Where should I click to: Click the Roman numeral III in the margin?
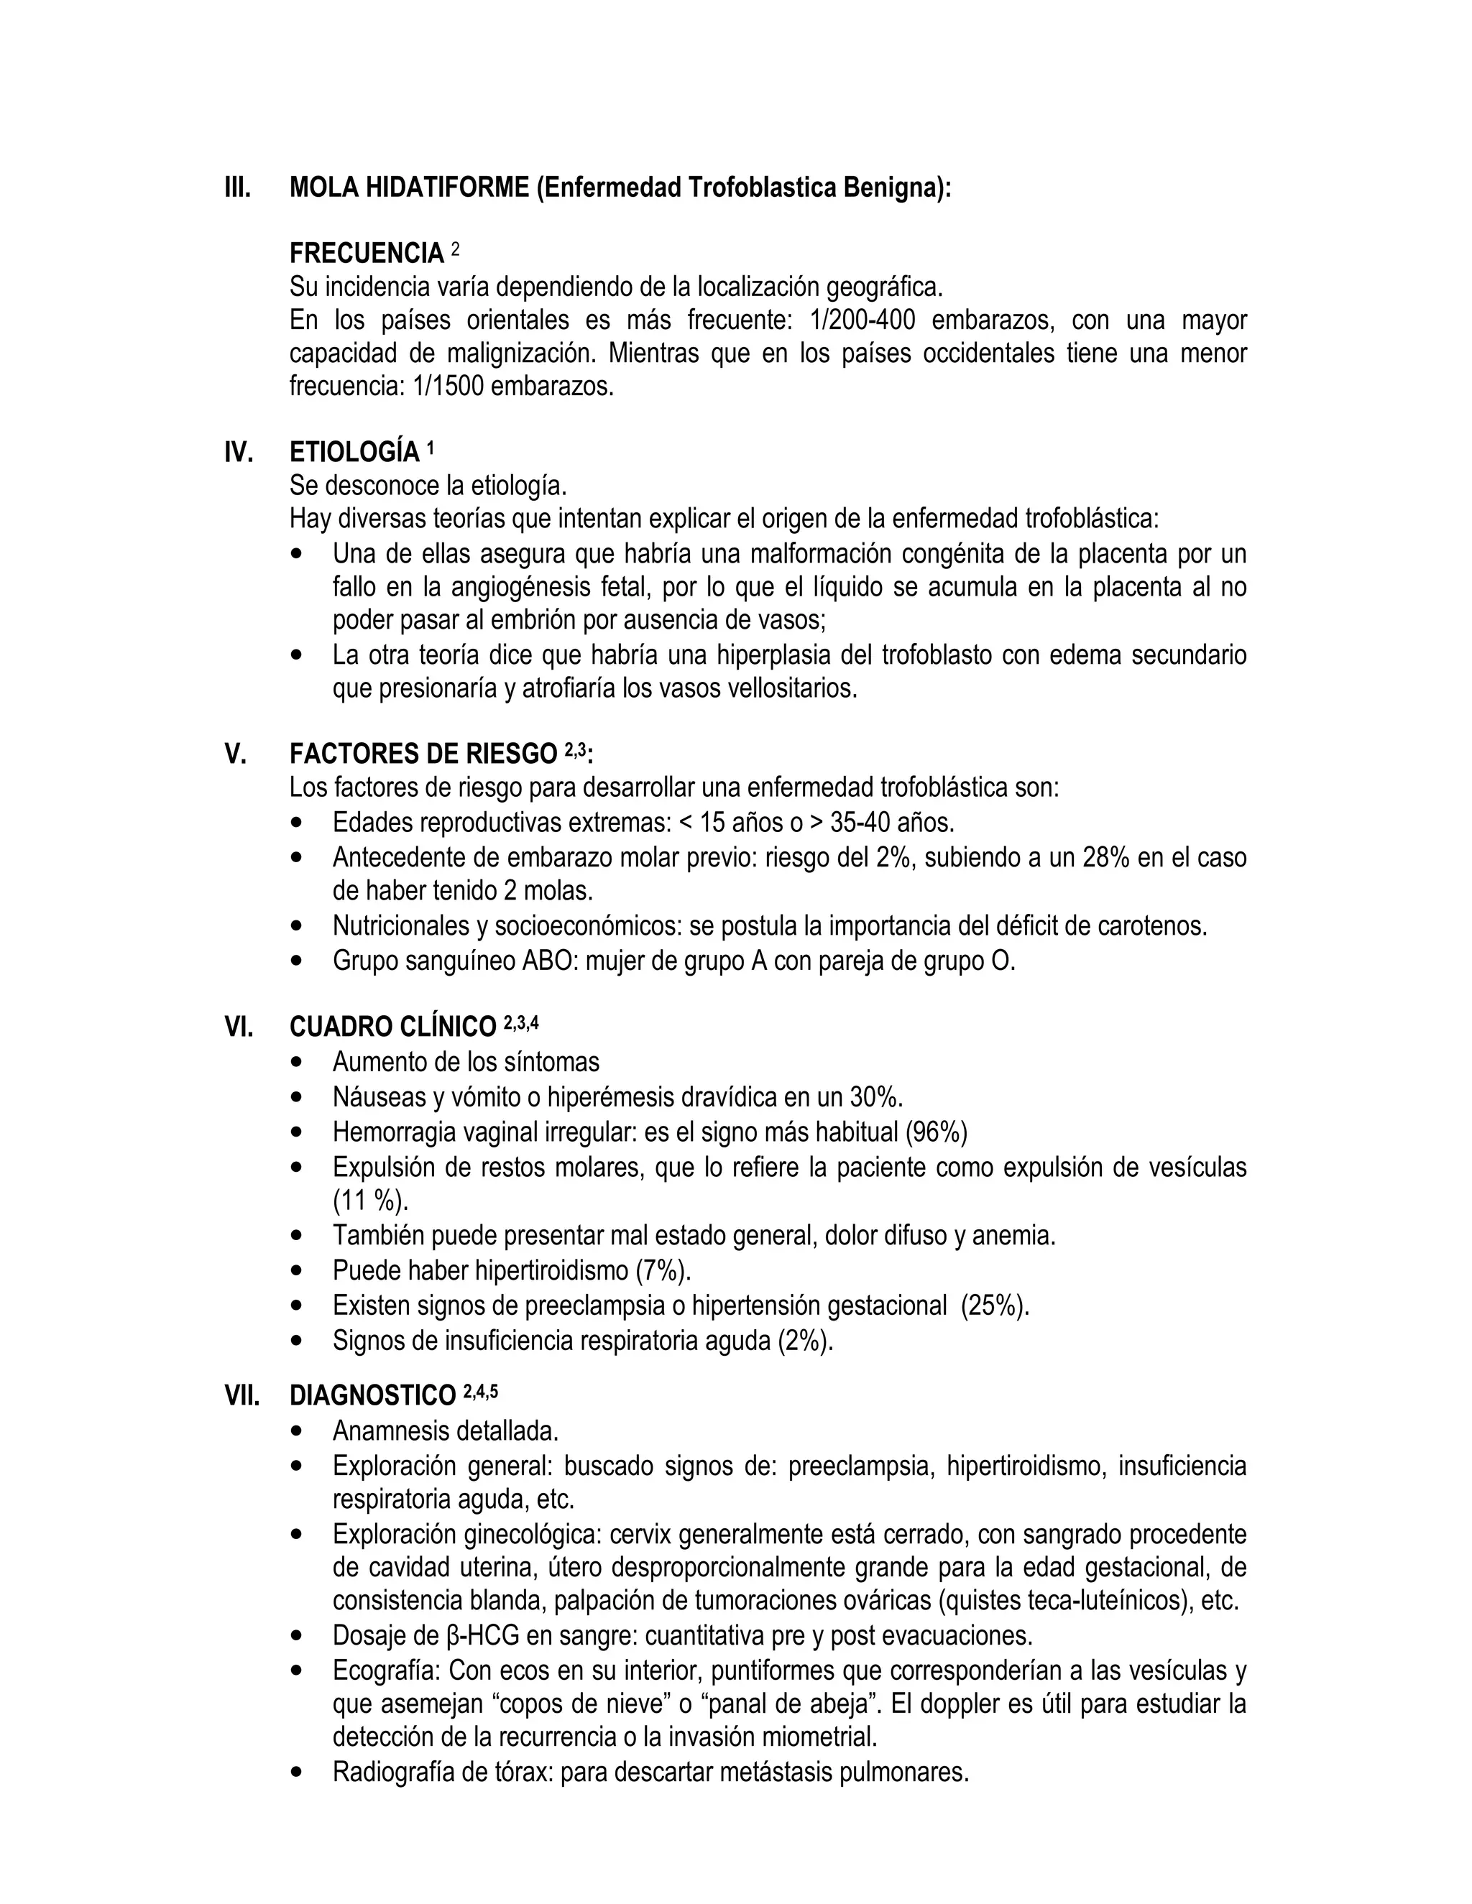(x=237, y=188)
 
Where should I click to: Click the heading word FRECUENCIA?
(x=367, y=254)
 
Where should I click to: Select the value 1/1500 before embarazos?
(x=449, y=387)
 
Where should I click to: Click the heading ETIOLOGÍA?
(x=354, y=453)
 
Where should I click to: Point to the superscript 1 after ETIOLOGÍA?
(x=430, y=449)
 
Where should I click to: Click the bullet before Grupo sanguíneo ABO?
(x=299, y=961)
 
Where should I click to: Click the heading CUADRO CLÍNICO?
(x=392, y=1027)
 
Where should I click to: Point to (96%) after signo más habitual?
(x=936, y=1132)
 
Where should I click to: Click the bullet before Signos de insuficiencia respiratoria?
(x=299, y=1340)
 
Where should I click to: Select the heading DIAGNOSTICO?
(x=372, y=1396)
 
